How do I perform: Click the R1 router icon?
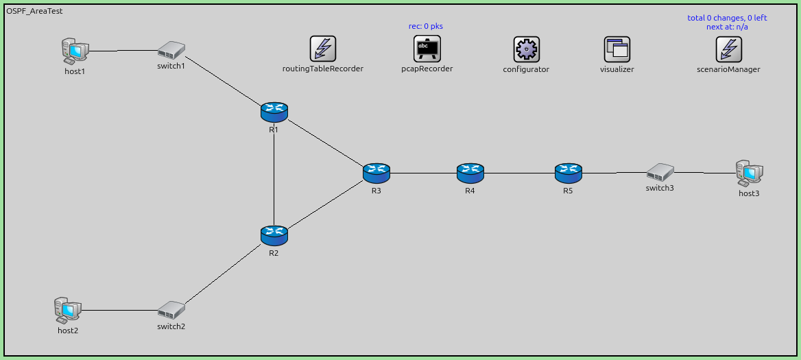tap(274, 111)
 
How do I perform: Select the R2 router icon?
tap(274, 235)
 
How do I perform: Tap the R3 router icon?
tap(376, 173)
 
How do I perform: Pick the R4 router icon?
tap(470, 173)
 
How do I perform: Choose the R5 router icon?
tap(568, 173)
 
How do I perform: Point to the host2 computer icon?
tap(67, 310)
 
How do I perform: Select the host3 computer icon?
tap(749, 173)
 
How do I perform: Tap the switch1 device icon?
tap(171, 50)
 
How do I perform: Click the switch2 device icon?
tap(171, 310)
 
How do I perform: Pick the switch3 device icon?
tap(660, 171)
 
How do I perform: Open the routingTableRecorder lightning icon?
tap(323, 49)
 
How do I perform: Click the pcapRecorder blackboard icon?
tap(427, 49)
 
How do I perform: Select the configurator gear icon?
tap(526, 49)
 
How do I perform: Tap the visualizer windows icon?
tap(617, 49)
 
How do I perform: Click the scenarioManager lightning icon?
tap(728, 49)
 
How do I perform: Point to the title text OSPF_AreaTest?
tap(34, 12)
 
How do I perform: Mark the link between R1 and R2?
tap(274, 173)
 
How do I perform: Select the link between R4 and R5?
tap(519, 173)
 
